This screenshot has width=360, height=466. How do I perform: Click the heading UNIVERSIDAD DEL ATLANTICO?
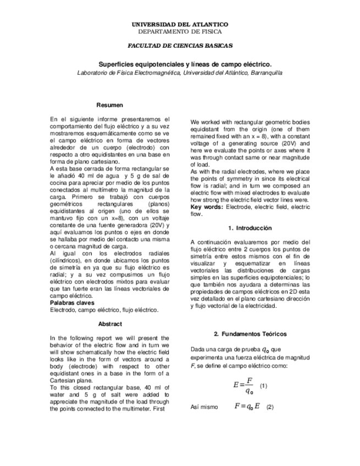pyautogui.click(x=180, y=25)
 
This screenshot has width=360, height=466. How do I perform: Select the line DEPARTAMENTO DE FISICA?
pyautogui.click(x=180, y=32)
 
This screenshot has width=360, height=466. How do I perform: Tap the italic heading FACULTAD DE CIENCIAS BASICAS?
pyautogui.click(x=180, y=46)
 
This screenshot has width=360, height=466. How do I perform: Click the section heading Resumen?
pyautogui.click(x=109, y=105)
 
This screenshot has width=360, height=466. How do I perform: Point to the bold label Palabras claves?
pyautogui.click(x=72, y=303)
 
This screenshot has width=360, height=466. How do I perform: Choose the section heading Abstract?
pyautogui.click(x=109, y=324)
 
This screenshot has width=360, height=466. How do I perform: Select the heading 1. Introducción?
pyautogui.click(x=250, y=228)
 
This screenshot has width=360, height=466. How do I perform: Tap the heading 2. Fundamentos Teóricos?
pyautogui.click(x=250, y=334)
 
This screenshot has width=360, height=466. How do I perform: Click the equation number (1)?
pyautogui.click(x=263, y=386)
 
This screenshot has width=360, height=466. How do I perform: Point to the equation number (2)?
pyautogui.click(x=269, y=407)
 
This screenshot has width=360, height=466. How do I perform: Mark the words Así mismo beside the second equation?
pyautogui.click(x=202, y=408)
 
